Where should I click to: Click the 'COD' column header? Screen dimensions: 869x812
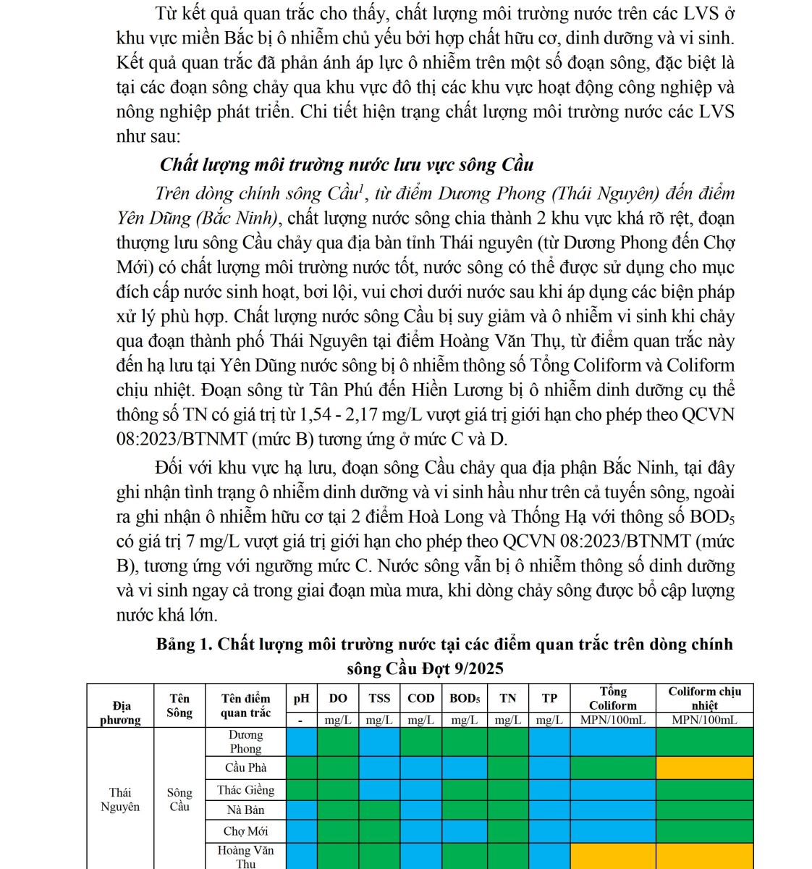(420, 698)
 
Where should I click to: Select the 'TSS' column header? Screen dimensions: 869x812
(379, 698)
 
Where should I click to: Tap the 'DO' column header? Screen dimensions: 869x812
(338, 698)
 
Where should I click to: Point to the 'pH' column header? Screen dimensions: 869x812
(302, 698)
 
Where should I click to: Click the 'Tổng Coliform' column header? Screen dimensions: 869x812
(612, 698)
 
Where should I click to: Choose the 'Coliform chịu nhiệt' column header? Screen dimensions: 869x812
(704, 698)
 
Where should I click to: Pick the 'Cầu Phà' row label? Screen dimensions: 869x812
(245, 768)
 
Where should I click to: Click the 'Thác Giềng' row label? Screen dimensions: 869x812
(245, 790)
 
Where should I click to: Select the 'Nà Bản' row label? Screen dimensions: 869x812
(245, 810)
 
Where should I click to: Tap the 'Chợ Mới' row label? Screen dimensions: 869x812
(245, 831)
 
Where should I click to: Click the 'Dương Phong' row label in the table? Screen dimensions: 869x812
(245, 742)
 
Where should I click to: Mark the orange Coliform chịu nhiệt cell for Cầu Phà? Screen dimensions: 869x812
(704, 768)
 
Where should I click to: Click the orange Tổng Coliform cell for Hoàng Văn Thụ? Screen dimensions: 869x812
(612, 857)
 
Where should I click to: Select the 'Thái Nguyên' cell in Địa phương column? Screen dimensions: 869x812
(120, 799)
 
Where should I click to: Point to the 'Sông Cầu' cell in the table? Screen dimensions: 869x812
(179, 799)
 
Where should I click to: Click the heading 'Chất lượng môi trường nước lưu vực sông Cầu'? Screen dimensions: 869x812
(347, 164)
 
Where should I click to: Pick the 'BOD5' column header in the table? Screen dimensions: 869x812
(465, 698)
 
